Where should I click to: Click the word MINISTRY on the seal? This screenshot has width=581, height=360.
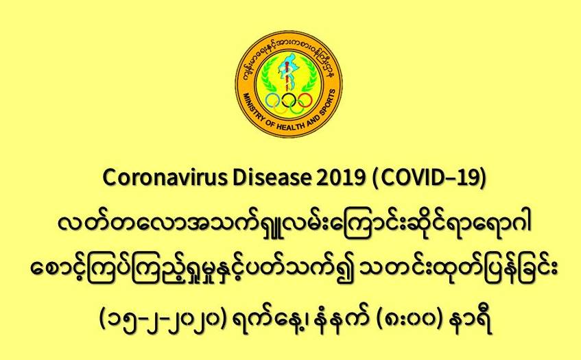click(254, 108)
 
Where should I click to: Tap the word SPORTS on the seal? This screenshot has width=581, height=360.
click(328, 103)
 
